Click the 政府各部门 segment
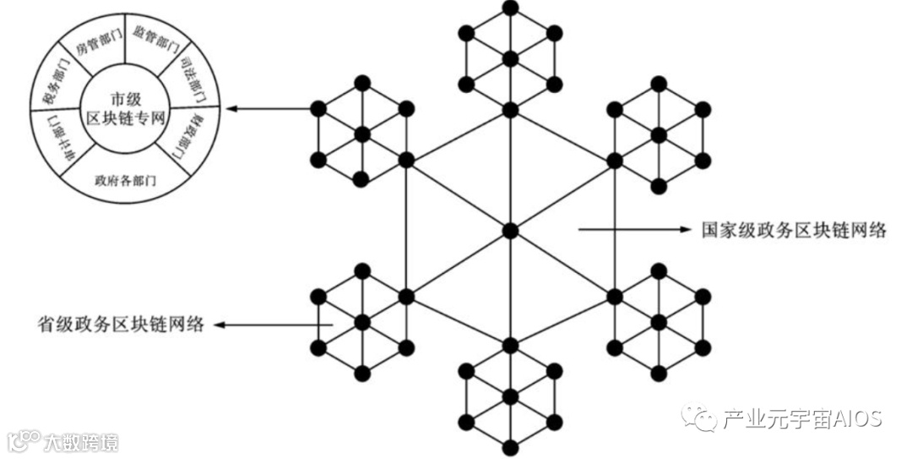click(125, 180)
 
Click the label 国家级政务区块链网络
click(793, 229)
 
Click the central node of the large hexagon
click(509, 230)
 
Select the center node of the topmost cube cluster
click(509, 58)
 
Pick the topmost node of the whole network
click(509, 7)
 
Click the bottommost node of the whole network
click(509, 450)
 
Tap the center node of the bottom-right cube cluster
click(659, 322)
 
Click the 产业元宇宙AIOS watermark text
click(801, 418)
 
